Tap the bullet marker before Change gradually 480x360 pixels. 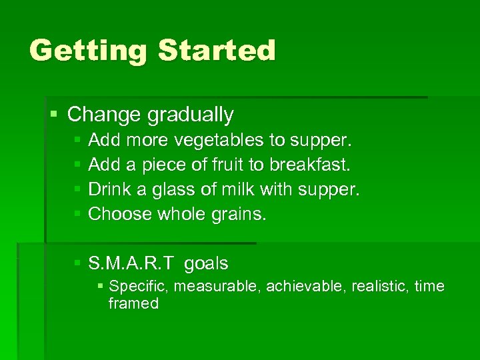54,115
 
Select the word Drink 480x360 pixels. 110,189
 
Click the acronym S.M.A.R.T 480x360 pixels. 131,264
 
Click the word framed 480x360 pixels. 133,304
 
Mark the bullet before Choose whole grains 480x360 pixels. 78,214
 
